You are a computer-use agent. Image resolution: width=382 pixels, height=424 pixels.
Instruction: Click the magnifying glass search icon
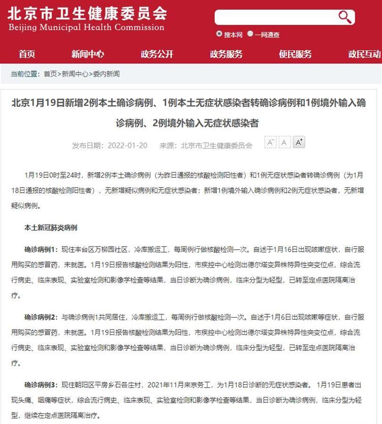coord(345,17)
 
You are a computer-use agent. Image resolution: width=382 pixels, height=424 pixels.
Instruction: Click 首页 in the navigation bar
coord(27,54)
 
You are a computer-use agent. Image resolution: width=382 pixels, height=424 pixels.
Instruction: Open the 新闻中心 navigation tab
coord(88,54)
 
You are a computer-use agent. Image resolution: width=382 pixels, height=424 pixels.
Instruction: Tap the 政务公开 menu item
coord(157,54)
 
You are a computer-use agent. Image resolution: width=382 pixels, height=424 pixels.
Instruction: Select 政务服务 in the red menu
coord(226,54)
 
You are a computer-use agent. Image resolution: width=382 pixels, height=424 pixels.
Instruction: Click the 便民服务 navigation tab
coord(295,54)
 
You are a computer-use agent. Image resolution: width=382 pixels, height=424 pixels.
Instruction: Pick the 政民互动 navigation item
coord(364,54)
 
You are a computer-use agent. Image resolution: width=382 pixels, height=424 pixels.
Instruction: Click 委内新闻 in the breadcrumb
coord(106,74)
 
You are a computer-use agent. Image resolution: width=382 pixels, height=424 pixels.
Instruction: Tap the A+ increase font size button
coord(299,142)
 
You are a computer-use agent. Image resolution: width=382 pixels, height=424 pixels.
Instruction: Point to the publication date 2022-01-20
coord(127,146)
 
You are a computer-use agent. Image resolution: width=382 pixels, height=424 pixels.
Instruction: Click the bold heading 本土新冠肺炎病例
coord(51,228)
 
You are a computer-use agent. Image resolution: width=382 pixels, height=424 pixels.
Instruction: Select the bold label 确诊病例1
coord(41,249)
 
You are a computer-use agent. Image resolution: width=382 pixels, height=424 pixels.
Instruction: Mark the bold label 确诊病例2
coord(41,317)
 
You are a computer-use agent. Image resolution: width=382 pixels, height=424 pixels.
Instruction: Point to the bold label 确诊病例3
coord(41,385)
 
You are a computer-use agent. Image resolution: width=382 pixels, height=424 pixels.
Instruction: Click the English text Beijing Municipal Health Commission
coord(86,27)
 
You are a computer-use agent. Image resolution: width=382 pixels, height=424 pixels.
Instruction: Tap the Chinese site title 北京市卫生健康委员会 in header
coord(87,12)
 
